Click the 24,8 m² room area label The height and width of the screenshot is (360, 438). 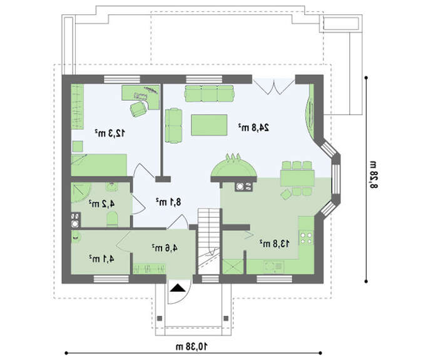coord(253,128)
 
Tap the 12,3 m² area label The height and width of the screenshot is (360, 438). coord(109,133)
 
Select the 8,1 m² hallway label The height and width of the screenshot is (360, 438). coord(168,202)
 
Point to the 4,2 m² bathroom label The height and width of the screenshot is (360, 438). coord(101,203)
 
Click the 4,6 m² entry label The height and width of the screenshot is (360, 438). coord(165,248)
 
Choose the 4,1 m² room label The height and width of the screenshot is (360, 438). coord(101,259)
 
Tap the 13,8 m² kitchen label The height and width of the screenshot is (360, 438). coord(274,244)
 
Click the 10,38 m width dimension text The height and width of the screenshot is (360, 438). coord(191,347)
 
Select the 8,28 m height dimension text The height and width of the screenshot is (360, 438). coord(374,175)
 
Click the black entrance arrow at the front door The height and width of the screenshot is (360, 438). coord(177,288)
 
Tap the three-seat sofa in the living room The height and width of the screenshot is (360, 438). coord(209,94)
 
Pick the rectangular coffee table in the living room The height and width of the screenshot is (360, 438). coord(209,125)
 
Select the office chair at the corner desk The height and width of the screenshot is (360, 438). coord(138,109)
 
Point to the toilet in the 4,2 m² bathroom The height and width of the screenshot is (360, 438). coord(112,219)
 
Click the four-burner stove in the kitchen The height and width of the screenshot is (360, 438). coord(307,238)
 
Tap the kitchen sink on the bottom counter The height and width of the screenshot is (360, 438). coord(273,267)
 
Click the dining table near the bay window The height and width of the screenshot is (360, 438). coord(297,178)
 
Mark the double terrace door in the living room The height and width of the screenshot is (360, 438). coord(274,86)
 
